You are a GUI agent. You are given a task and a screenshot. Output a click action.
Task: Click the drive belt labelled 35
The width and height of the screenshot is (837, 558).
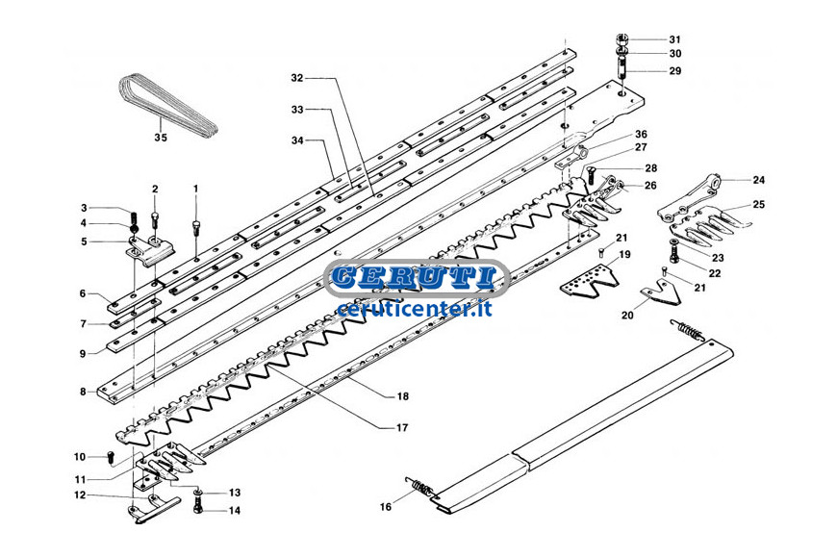point(166,106)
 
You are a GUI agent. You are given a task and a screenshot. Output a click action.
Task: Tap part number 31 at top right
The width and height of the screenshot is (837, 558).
point(675,39)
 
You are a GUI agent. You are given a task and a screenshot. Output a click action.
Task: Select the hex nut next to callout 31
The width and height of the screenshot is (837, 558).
point(621,39)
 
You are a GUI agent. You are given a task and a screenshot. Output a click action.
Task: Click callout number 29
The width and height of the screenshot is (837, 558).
point(675,70)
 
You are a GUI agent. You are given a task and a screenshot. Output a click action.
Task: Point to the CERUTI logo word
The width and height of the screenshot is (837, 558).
point(416,277)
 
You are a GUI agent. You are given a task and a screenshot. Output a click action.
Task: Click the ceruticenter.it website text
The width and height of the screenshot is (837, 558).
point(415,309)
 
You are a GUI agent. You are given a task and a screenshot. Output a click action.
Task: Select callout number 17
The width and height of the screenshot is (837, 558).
point(402,428)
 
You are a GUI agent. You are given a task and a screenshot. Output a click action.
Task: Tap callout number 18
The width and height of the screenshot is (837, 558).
point(402,396)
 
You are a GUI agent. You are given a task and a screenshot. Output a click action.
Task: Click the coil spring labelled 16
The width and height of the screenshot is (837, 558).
point(421,488)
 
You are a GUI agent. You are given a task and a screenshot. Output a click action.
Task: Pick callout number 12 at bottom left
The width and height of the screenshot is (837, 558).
point(80,495)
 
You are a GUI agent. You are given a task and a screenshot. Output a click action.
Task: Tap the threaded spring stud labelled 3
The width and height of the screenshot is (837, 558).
point(134,218)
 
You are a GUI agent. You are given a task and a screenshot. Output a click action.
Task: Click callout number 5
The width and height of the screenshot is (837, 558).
point(84,241)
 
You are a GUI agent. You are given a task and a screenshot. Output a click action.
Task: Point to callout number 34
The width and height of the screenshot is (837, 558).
point(297,140)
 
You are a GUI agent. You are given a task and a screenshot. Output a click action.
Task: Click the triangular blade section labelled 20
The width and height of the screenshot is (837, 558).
point(660,295)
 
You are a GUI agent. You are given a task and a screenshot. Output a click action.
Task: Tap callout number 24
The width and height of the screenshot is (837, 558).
point(758,180)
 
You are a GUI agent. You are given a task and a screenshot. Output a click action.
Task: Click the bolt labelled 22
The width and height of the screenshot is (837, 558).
point(673,251)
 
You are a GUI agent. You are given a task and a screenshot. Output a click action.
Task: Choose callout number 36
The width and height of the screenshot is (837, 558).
point(641,134)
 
